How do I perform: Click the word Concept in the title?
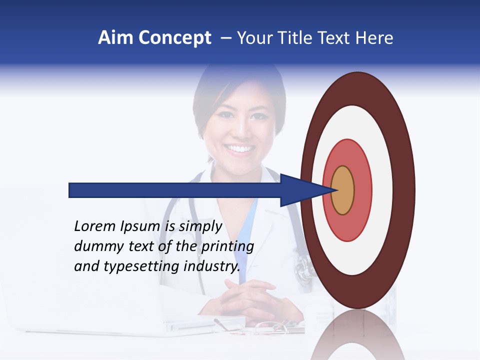point(175,38)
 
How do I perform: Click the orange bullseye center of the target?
point(343,190)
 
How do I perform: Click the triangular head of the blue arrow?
point(300,190)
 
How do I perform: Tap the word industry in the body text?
point(212,266)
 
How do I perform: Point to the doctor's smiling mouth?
point(240,148)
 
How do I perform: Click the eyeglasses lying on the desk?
point(270,327)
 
